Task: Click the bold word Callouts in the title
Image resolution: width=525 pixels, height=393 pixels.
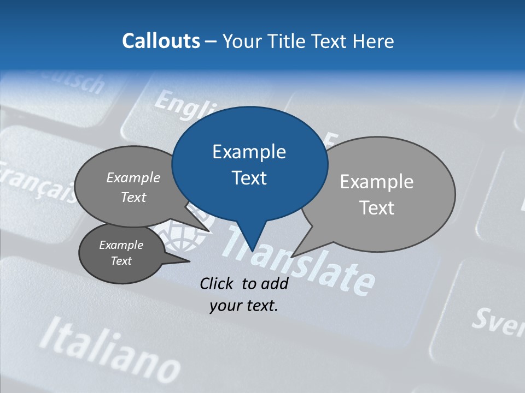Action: tap(161, 41)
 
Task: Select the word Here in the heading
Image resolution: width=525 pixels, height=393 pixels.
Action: tap(373, 41)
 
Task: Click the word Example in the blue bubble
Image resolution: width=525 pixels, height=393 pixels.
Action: tap(249, 152)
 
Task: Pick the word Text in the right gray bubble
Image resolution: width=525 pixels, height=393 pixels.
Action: tap(377, 208)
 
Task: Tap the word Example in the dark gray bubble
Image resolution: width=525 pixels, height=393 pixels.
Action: tap(121, 245)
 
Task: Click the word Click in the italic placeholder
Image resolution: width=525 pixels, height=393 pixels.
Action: tap(218, 283)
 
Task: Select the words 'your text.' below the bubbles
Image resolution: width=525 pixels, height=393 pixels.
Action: tap(244, 306)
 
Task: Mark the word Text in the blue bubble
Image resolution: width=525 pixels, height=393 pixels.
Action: tap(249, 178)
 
